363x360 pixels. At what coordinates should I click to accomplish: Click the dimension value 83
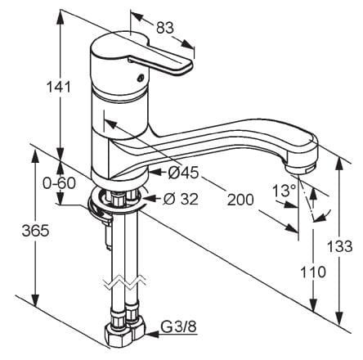(x=165, y=28)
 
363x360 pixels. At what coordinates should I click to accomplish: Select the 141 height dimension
(x=58, y=87)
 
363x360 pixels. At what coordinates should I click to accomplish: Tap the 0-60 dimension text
(x=59, y=183)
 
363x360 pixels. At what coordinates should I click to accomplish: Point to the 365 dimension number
(x=35, y=231)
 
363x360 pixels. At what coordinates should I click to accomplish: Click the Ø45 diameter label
(x=183, y=173)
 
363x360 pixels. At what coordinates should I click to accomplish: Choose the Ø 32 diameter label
(x=181, y=199)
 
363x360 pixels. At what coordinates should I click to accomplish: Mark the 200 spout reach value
(x=240, y=200)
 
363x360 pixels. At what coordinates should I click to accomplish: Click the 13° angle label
(x=285, y=191)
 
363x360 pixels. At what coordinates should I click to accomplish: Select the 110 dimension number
(x=313, y=272)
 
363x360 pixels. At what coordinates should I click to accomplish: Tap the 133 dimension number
(x=339, y=246)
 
